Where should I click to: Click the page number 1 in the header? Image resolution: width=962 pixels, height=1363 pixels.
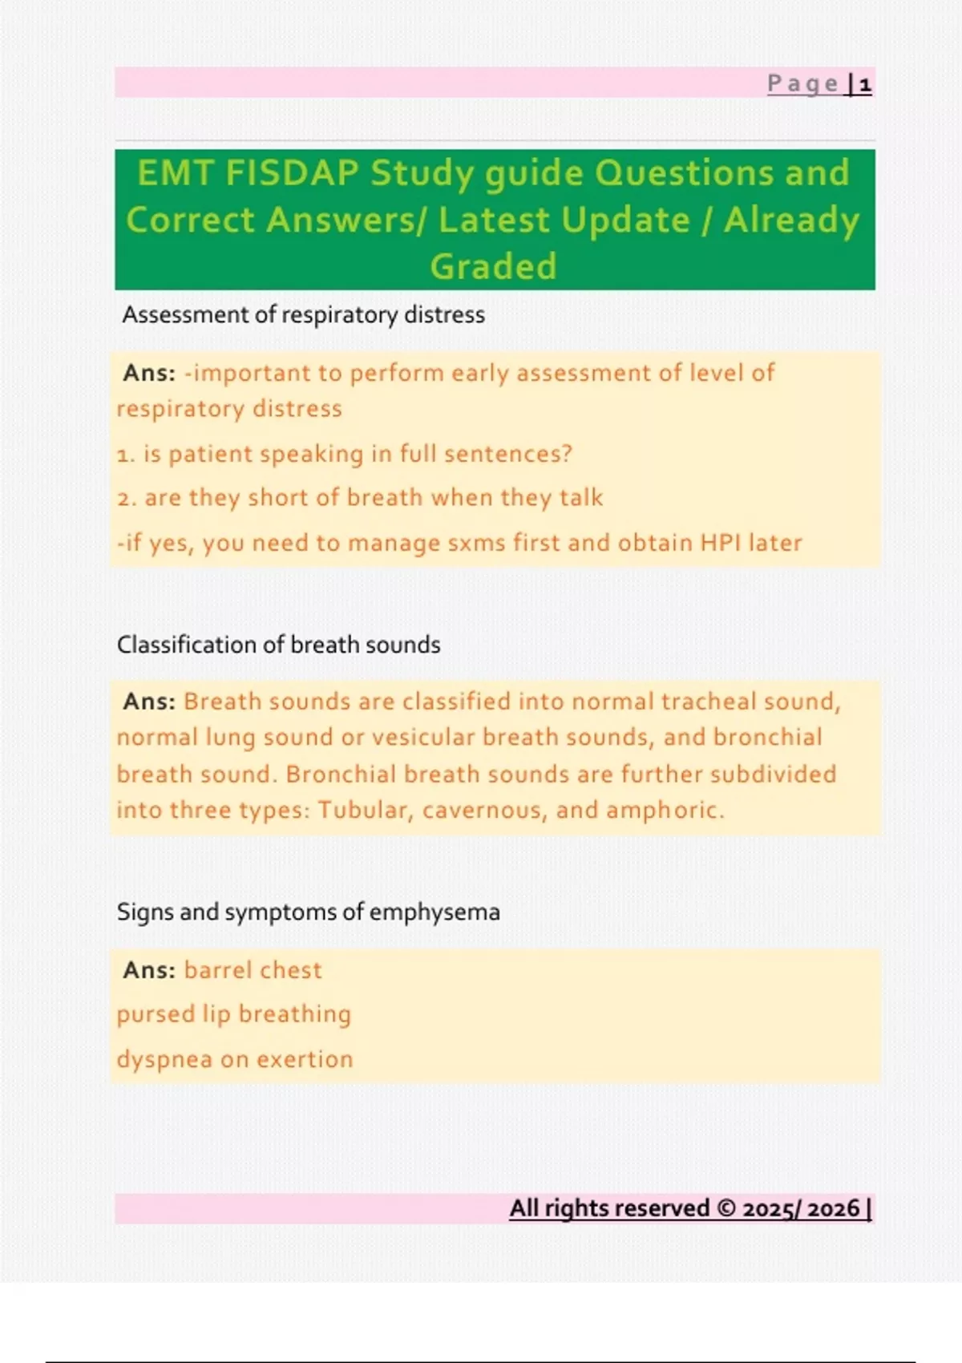click(x=864, y=84)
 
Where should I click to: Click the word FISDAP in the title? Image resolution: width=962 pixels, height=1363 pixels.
click(x=291, y=173)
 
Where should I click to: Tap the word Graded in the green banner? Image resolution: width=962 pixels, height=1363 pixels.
click(x=493, y=267)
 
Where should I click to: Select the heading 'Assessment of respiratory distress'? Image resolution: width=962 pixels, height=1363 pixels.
click(x=303, y=315)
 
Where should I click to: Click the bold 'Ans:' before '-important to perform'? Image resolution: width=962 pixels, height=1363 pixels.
click(x=149, y=373)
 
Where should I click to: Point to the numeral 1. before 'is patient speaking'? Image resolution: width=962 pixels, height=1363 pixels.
click(x=126, y=455)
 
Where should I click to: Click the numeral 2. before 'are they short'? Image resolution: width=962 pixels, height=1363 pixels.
click(x=127, y=499)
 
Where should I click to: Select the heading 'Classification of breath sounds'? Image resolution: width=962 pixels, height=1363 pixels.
click(x=278, y=645)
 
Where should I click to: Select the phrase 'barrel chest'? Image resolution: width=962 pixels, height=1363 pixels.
click(x=253, y=970)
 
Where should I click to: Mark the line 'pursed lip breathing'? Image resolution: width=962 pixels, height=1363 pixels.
click(x=233, y=1014)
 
